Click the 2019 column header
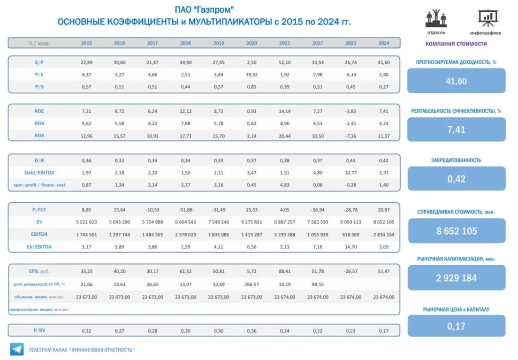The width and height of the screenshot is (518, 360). (218, 43)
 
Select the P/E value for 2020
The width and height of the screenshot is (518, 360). (251, 75)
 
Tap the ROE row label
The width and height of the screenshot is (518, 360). (39, 111)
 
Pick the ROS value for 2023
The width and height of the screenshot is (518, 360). (350, 136)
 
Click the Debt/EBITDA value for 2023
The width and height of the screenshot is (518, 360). (350, 173)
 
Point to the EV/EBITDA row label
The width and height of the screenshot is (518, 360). (39, 246)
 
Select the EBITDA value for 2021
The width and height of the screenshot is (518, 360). (284, 235)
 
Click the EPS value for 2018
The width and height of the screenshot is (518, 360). (185, 271)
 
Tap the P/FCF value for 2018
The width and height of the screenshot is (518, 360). (185, 210)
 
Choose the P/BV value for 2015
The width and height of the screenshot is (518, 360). (86, 330)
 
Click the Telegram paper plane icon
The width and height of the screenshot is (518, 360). (17, 349)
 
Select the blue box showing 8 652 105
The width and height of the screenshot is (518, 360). (457, 231)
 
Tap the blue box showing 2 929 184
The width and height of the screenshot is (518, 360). (457, 278)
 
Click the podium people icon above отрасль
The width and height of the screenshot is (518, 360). (436, 18)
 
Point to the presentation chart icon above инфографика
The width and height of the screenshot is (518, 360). (488, 18)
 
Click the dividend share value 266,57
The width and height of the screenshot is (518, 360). (251, 284)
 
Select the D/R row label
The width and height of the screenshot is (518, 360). (39, 161)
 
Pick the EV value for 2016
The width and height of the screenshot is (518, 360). (119, 222)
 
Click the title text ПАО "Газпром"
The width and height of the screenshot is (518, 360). (204, 9)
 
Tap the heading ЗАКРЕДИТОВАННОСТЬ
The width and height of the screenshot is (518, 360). (456, 161)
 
